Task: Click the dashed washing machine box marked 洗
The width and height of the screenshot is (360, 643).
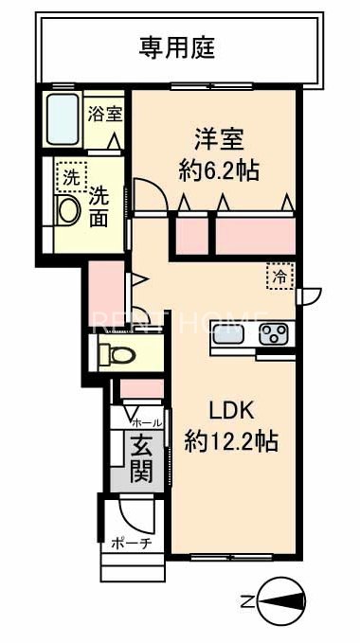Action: (68, 176)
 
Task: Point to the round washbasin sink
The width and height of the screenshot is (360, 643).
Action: (68, 210)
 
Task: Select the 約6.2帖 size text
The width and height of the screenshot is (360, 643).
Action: (221, 170)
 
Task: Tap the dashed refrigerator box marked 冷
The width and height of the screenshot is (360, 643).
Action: (279, 276)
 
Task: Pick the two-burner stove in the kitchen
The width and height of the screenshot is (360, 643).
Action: (276, 333)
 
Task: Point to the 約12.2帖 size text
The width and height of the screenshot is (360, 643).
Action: (231, 440)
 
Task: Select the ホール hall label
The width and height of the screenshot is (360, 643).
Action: (145, 421)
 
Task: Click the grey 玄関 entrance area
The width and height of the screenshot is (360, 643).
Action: (138, 457)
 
